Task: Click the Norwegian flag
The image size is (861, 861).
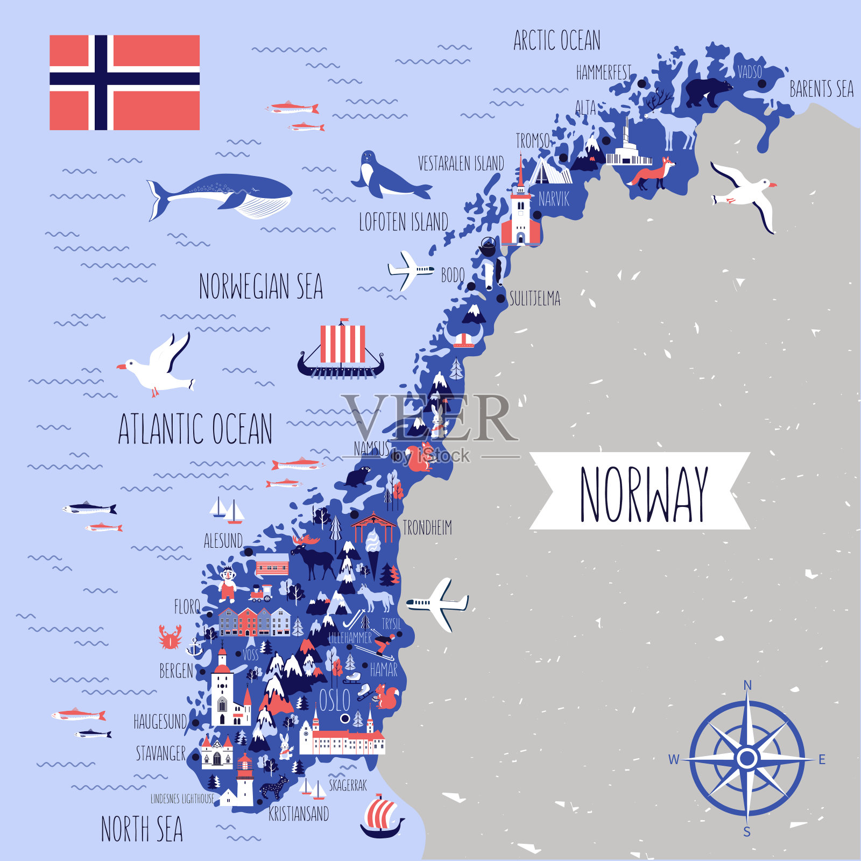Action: point(124,82)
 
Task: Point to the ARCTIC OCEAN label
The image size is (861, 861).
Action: point(556,40)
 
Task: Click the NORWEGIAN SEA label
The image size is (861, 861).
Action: point(261,286)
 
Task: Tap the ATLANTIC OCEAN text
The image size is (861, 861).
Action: point(195,429)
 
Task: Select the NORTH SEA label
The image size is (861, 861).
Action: point(142,829)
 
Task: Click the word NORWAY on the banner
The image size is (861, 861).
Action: point(643,494)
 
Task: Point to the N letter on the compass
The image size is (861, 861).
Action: point(747,685)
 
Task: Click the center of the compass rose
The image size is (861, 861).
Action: point(747,758)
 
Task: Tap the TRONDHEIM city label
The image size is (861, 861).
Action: point(427,528)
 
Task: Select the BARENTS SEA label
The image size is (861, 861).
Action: point(821,89)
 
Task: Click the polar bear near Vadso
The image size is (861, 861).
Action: point(707,91)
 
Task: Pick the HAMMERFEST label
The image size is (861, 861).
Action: point(603,73)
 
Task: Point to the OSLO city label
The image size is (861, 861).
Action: point(334,700)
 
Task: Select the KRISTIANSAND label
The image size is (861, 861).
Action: point(299,814)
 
